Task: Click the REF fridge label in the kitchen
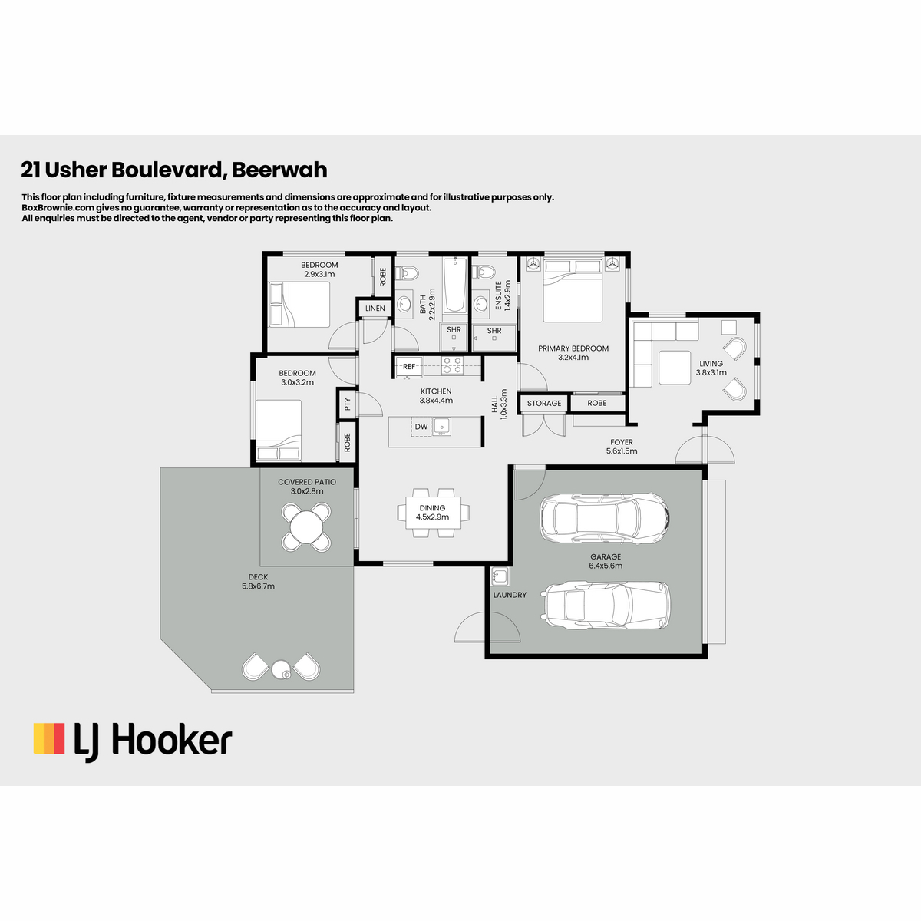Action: (408, 367)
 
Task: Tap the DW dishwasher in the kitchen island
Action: (421, 426)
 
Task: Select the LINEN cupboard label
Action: (375, 309)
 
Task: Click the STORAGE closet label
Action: (544, 403)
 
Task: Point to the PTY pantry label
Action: (348, 404)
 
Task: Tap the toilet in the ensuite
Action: (484, 272)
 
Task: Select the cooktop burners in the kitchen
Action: (452, 365)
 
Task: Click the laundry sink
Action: (500, 577)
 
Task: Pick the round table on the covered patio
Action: (306, 527)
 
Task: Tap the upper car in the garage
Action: (605, 517)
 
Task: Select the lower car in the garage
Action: (606, 605)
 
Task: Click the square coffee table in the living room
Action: (675, 368)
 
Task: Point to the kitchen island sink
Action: (441, 426)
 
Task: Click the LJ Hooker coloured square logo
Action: (49, 738)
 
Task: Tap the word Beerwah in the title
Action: (279, 170)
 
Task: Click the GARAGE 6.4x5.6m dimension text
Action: (606, 566)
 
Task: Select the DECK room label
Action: (258, 577)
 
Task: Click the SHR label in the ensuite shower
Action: (494, 330)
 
